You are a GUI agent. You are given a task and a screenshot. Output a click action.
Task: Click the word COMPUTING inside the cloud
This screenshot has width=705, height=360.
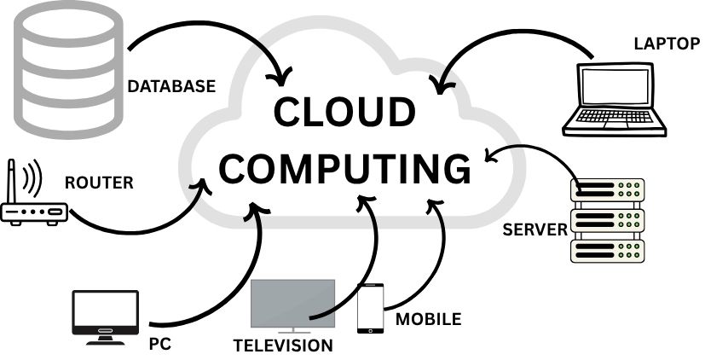pos(344,167)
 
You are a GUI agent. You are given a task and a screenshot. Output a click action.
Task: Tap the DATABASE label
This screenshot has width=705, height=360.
pos(171,87)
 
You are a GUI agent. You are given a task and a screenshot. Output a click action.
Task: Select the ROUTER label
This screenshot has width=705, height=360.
pos(100,182)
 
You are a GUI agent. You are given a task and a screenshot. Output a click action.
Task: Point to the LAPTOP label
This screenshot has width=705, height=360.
pos(666,44)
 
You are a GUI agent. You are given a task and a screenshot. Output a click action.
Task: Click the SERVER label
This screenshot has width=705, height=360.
pos(535,229)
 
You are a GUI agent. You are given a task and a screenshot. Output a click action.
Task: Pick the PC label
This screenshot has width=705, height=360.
pos(159,344)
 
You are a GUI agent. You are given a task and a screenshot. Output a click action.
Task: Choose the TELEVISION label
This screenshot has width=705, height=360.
pos(283,345)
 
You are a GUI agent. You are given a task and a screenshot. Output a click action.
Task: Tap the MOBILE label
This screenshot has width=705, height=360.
pos(428,320)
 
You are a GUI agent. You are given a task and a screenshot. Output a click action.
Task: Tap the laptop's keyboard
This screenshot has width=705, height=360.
pos(614,120)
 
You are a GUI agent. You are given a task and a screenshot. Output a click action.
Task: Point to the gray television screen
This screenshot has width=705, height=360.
pos(292,303)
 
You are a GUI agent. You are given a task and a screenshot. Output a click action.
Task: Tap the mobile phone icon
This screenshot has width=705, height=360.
pos(369,309)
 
